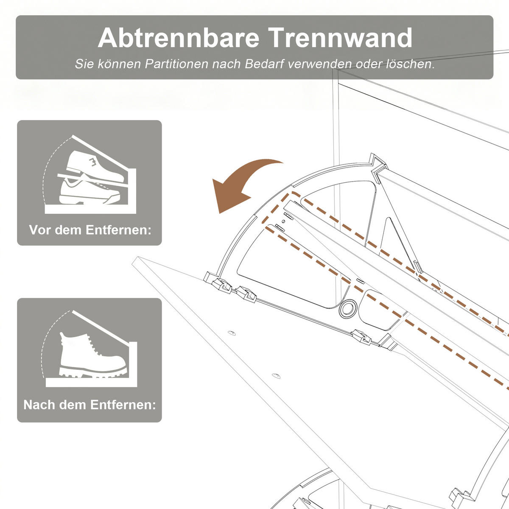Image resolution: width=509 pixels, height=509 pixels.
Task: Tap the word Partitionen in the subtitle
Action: tap(176, 64)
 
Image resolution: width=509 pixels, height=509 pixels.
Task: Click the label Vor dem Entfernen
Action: tap(90, 230)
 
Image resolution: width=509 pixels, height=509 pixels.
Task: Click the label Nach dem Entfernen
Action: tap(89, 405)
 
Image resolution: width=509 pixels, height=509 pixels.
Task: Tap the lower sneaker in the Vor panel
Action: tap(89, 191)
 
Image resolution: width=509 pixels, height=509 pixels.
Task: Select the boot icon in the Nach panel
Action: tap(93, 354)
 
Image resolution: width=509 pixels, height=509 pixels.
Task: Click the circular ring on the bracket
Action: tap(348, 308)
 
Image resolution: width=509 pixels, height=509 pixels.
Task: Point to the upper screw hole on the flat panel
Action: tap(232, 333)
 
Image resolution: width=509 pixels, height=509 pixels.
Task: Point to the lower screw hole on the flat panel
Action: tap(276, 375)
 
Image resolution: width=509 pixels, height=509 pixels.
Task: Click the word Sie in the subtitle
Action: tap(84, 64)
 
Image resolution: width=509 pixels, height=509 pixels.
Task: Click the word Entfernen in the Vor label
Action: tap(118, 230)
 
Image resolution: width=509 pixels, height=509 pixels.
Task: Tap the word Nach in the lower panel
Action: tap(39, 405)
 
